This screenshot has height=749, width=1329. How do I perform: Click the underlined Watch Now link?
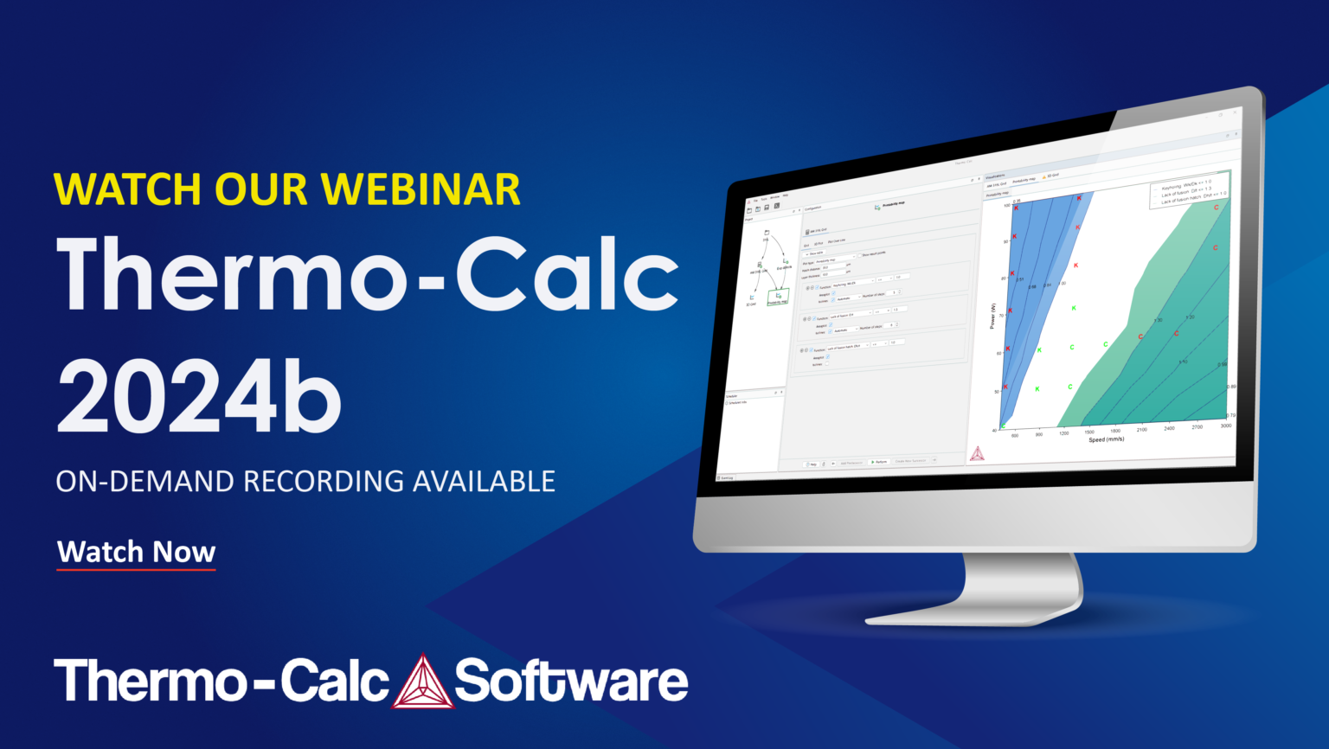(x=136, y=552)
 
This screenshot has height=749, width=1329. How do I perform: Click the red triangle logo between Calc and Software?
(x=422, y=682)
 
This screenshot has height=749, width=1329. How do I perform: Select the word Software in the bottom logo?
(x=571, y=682)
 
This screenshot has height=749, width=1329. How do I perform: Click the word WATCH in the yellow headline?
(x=129, y=189)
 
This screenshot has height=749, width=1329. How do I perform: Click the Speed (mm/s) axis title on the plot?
(x=1107, y=439)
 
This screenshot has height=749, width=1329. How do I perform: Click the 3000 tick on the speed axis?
(x=1225, y=426)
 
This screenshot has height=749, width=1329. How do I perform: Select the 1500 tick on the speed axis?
(x=1088, y=432)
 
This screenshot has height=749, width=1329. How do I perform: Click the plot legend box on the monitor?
(x=1189, y=191)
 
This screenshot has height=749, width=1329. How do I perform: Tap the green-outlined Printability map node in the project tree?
(x=778, y=298)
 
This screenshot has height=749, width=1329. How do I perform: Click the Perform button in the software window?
(x=878, y=462)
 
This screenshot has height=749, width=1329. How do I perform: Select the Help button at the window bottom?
(x=811, y=464)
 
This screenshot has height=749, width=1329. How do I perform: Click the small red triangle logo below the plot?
(x=977, y=453)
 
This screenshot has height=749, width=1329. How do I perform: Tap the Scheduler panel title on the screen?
(x=732, y=396)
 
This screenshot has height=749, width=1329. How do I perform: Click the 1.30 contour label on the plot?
(x=1159, y=320)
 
